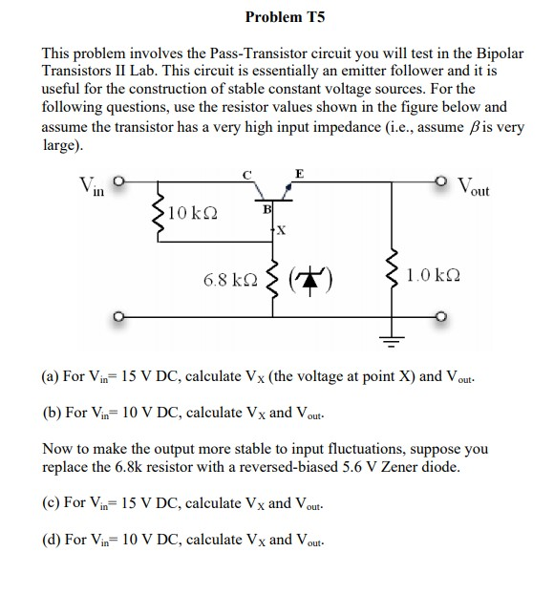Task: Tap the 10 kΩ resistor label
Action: pyautogui.click(x=189, y=212)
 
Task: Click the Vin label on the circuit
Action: pyautogui.click(x=92, y=184)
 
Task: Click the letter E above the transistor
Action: pyautogui.click(x=300, y=173)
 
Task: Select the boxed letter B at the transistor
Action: pyautogui.click(x=267, y=208)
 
